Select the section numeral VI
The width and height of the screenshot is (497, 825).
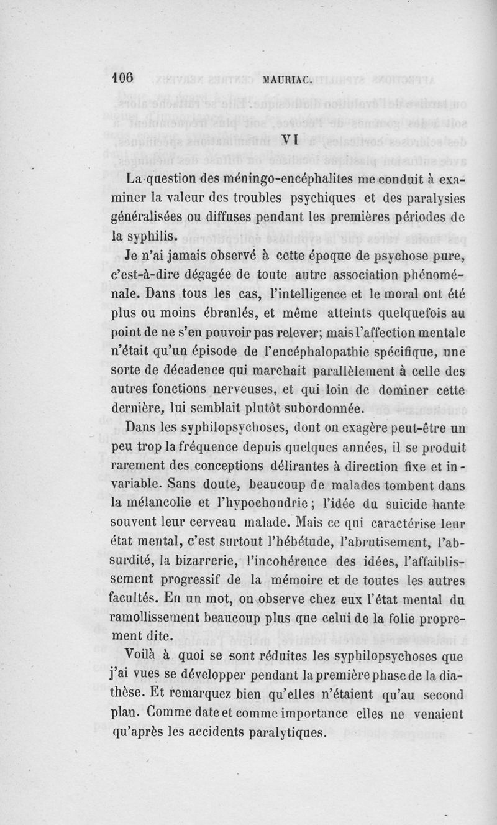[x=291, y=140]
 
